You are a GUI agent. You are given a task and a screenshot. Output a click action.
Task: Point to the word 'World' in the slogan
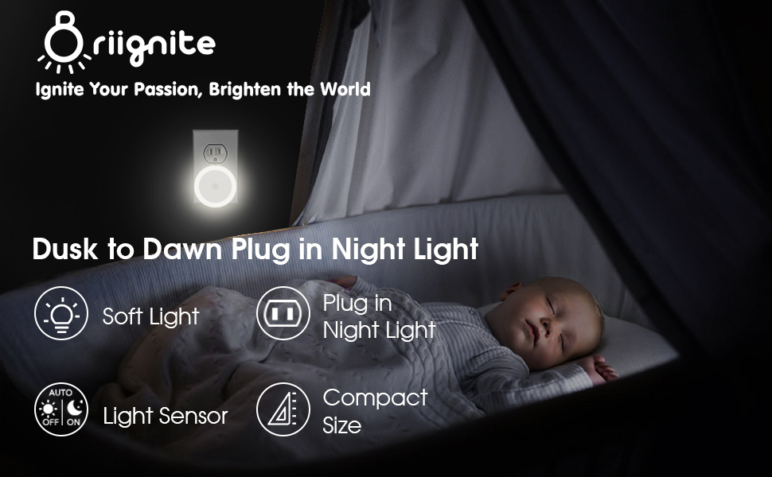[x=345, y=89]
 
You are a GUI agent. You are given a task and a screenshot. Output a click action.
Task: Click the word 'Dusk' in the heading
[x=66, y=250]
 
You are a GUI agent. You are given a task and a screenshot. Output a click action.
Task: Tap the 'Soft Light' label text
[x=151, y=316]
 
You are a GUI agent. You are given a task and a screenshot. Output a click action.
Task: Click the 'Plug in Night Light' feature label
[x=379, y=316]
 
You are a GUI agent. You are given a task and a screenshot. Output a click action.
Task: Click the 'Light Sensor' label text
[x=166, y=416]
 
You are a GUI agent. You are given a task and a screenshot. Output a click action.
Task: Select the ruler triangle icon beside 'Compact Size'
[x=283, y=409]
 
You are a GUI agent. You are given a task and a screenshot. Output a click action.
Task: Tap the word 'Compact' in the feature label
[x=375, y=397]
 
